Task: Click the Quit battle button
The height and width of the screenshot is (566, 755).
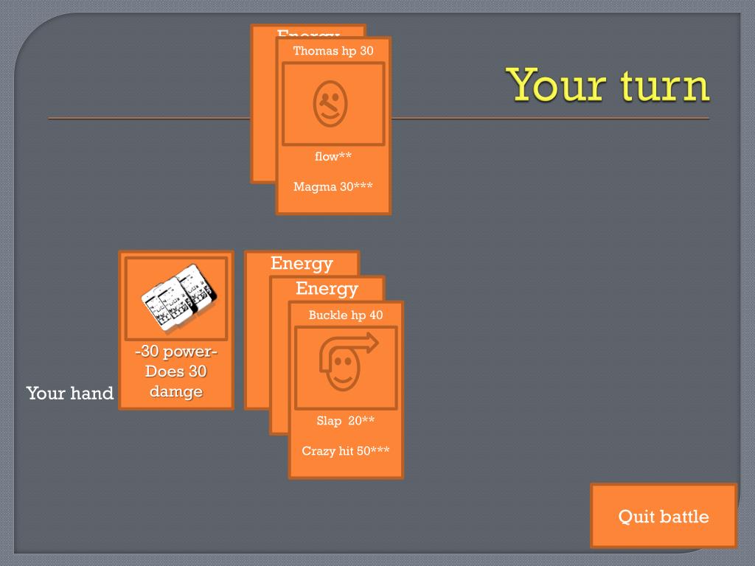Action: pos(663,516)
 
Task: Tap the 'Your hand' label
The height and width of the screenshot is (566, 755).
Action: pos(70,393)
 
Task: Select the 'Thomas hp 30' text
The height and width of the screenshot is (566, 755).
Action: pos(333,51)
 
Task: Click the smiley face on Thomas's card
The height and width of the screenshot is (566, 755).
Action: pos(330,103)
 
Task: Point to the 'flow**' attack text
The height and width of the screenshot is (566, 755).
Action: pos(333,156)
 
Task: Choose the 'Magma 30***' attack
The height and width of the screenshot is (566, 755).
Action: pos(333,186)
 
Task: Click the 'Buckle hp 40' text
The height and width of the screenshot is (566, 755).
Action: pos(346,315)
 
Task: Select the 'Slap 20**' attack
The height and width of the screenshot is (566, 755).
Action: pos(346,421)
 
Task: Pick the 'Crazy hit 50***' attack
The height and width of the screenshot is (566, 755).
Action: pos(346,451)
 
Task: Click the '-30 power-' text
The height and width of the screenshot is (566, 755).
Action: pos(176,351)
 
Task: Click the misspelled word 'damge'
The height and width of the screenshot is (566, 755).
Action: pos(176,391)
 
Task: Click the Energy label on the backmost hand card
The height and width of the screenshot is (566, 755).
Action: pos(302,263)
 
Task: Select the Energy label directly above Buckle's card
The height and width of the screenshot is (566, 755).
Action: pos(327,288)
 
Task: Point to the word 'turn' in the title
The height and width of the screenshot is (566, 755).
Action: pos(665,85)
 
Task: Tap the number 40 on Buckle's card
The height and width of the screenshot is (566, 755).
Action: pos(376,315)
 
